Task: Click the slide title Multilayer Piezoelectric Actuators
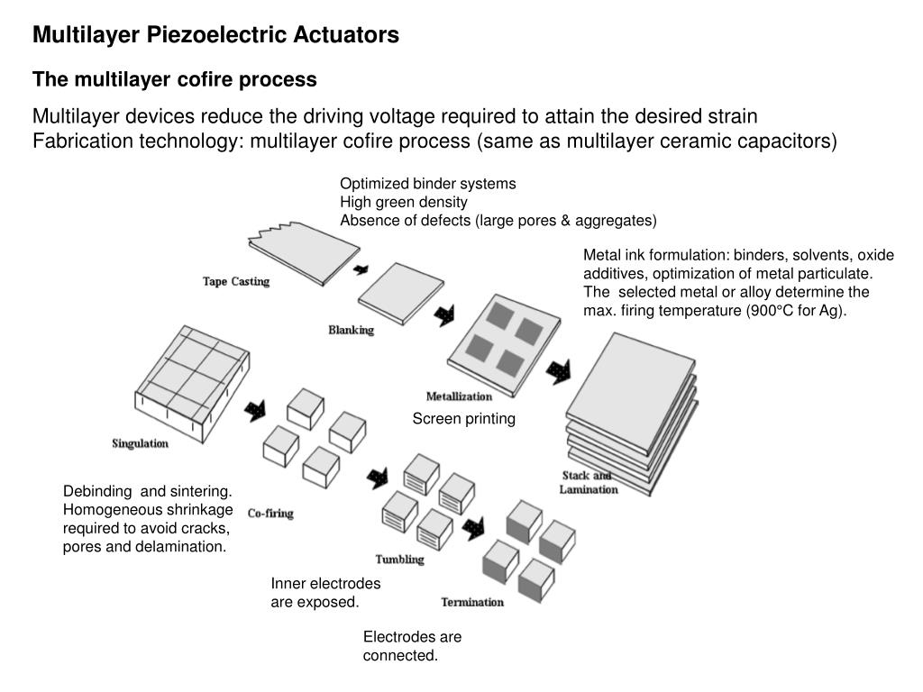[215, 35]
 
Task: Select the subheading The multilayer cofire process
[175, 80]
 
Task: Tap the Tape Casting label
[236, 282]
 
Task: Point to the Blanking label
[351, 331]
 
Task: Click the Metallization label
[459, 396]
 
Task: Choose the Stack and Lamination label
[589, 483]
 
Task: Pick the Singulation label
[140, 443]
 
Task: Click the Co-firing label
[270, 514]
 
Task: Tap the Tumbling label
[399, 560]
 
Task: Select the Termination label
[472, 602]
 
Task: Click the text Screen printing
[463, 419]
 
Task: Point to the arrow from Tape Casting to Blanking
[361, 269]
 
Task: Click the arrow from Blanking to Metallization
[444, 316]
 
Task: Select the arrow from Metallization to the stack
[559, 369]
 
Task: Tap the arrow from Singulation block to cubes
[255, 410]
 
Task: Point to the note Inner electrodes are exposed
[325, 593]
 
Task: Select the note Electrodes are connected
[412, 646]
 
